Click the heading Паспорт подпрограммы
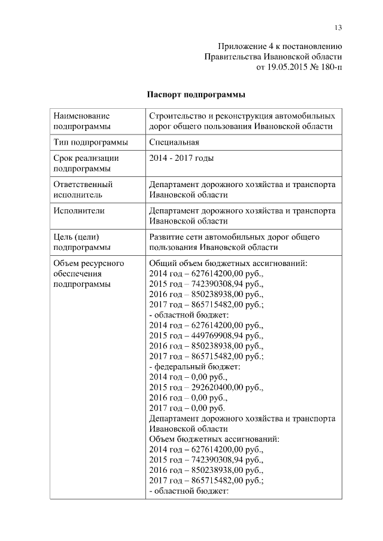196,94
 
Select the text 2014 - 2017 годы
181,158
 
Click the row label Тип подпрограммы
90,142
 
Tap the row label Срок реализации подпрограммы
86,164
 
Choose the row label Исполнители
79,210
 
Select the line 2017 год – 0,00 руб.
187,408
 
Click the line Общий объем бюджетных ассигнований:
228,263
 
